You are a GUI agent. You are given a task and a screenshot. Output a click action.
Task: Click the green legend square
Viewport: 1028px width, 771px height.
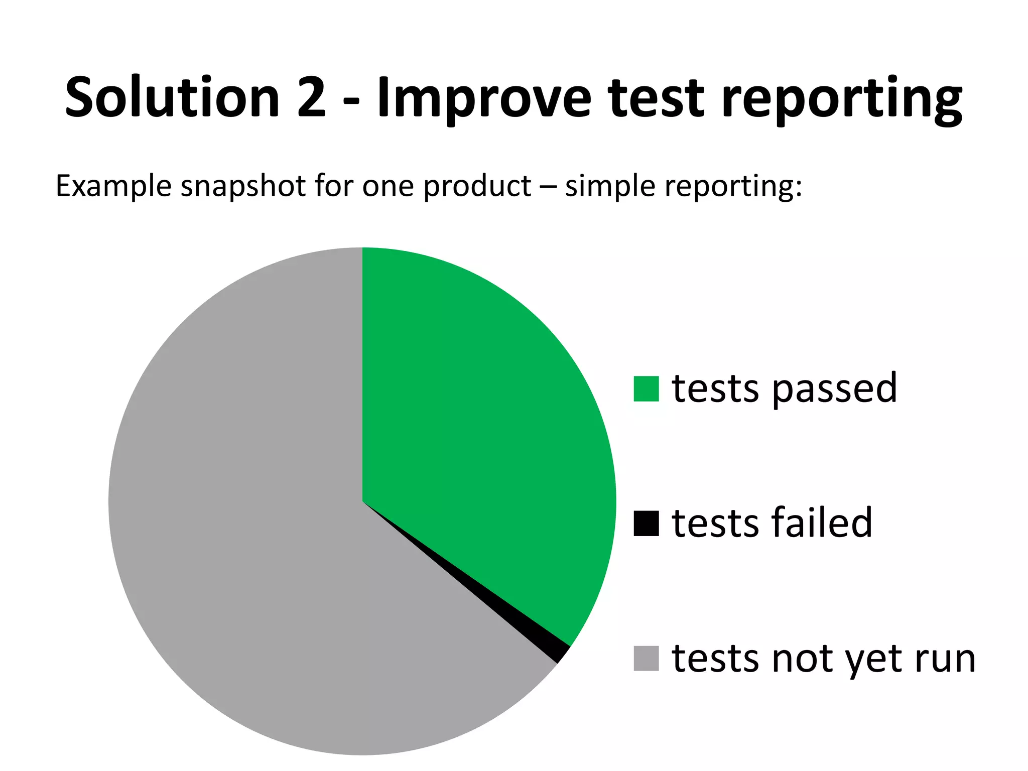point(646,389)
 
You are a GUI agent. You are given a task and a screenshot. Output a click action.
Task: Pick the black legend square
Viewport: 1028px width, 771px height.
point(646,524)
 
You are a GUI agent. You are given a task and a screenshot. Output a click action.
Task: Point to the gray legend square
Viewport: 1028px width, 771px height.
point(646,658)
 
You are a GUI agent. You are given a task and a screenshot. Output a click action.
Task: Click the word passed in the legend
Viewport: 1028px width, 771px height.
point(834,389)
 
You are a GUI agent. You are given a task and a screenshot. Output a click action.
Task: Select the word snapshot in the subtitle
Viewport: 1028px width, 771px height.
point(243,186)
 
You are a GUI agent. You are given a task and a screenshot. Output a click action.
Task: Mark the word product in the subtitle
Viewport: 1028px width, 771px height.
point(477,186)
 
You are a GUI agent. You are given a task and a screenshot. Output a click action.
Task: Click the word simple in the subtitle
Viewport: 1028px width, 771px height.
point(609,186)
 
